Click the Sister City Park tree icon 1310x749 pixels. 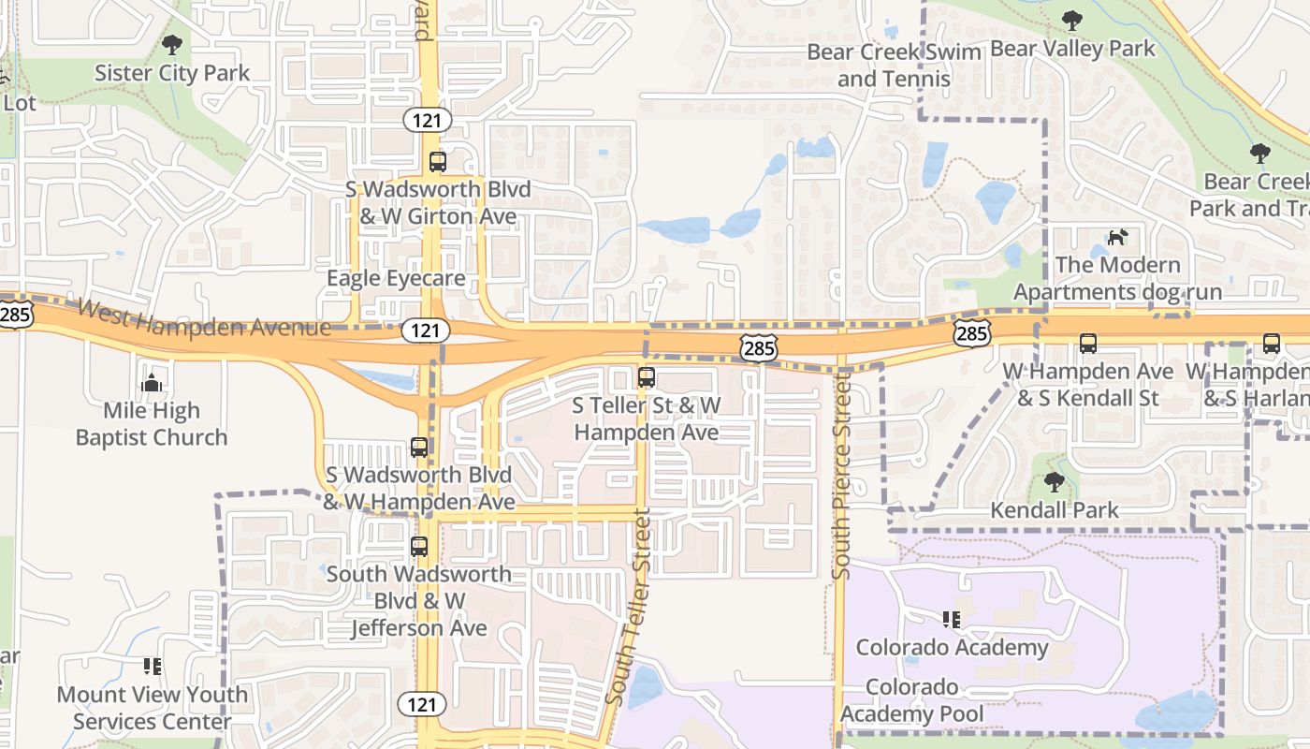point(172,44)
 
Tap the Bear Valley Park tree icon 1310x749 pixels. point(1072,20)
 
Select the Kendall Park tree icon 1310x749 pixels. point(1055,482)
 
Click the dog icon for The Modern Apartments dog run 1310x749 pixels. point(1117,238)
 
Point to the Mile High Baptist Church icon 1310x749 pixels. point(152,383)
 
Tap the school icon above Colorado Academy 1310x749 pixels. point(952,619)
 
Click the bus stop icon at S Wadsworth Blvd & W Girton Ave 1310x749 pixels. point(438,161)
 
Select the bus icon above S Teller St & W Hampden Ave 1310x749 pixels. point(647,377)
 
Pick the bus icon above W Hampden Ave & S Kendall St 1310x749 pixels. point(1088,344)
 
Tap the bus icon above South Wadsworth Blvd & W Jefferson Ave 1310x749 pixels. point(419,546)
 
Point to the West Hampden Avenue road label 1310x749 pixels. point(204,318)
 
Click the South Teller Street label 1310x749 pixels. point(628,607)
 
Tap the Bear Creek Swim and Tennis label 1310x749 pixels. point(894,66)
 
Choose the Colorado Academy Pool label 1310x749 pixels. point(912,700)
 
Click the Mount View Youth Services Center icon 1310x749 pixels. point(153,667)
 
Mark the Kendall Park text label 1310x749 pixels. point(1055,510)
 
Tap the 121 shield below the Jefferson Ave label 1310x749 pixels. point(423,703)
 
